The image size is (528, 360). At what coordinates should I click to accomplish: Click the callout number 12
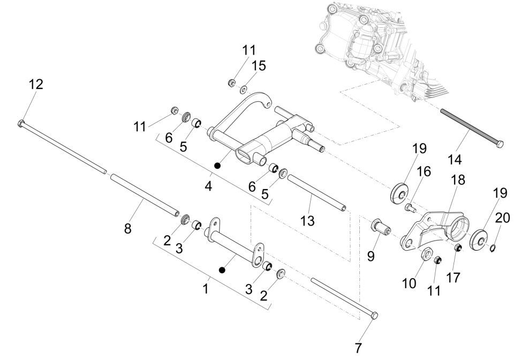click(36, 84)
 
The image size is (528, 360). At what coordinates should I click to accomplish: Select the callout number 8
click(127, 229)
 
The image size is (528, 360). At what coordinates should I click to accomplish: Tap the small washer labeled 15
click(244, 89)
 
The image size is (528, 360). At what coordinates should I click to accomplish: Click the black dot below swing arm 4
click(217, 166)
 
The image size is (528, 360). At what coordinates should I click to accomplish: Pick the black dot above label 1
click(222, 269)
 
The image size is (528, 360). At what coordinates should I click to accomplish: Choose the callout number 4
click(208, 186)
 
